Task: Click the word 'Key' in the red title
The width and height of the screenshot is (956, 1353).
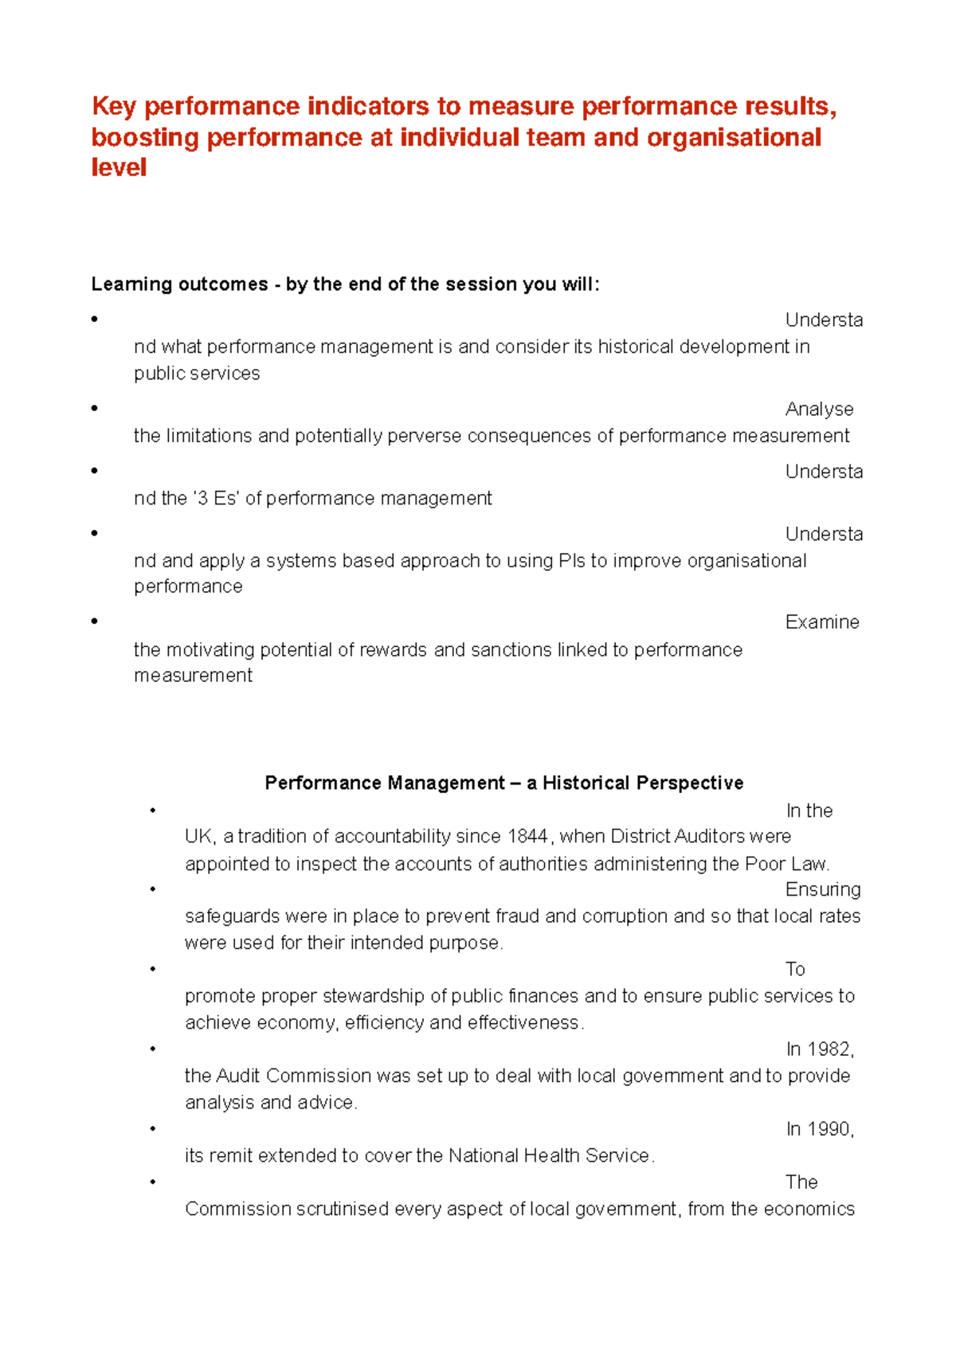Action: (x=114, y=106)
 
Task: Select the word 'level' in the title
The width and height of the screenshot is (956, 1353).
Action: (x=119, y=167)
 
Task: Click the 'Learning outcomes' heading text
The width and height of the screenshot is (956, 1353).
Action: (x=179, y=284)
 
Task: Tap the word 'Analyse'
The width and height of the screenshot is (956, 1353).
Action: (x=819, y=410)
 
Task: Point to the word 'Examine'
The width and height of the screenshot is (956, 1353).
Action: (x=821, y=622)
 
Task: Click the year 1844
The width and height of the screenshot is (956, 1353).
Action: (x=527, y=837)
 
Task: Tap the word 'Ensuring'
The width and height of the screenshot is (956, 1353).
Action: (x=822, y=890)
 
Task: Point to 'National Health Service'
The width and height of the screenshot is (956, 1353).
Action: (x=549, y=1156)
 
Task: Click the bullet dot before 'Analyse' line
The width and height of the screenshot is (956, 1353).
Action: (x=95, y=408)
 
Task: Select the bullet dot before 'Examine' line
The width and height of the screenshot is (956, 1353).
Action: (x=95, y=621)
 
